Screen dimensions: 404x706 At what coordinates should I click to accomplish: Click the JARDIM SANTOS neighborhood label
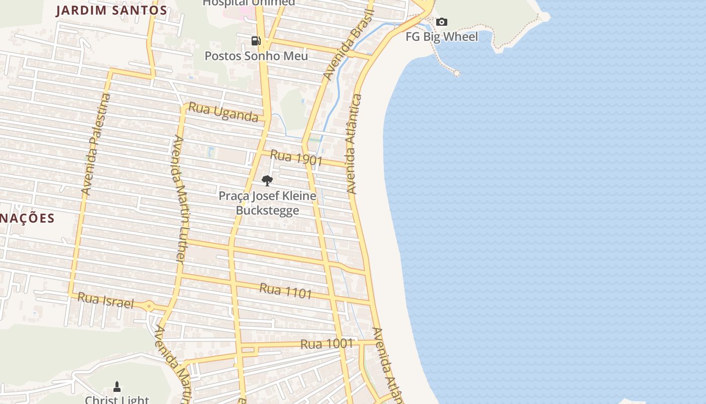pos(111,10)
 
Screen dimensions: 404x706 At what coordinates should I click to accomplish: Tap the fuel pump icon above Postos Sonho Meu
pos(256,41)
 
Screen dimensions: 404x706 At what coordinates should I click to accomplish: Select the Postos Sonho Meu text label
pos(256,56)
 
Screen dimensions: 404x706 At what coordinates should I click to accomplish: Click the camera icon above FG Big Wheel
pos(442,22)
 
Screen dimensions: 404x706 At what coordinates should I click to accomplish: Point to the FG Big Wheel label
pos(442,37)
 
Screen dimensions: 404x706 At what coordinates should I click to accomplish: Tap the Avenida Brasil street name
pos(348,44)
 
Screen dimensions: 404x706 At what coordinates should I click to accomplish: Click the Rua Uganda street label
pos(223,113)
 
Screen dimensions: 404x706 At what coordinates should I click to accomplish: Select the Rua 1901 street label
pos(296,158)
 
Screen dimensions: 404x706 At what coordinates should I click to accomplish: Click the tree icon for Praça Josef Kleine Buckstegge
pos(267,180)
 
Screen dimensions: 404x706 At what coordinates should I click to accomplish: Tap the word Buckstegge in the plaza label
pos(267,211)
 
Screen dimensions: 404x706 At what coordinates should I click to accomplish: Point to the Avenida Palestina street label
pos(95,144)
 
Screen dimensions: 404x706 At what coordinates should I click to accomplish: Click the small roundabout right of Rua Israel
pos(149,306)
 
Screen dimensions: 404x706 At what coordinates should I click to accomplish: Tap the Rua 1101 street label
pos(285,290)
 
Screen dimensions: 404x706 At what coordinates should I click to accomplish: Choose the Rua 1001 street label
pos(326,344)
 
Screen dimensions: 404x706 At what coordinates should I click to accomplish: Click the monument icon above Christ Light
pos(117,387)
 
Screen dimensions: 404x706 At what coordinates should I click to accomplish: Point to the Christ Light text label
pos(117,400)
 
